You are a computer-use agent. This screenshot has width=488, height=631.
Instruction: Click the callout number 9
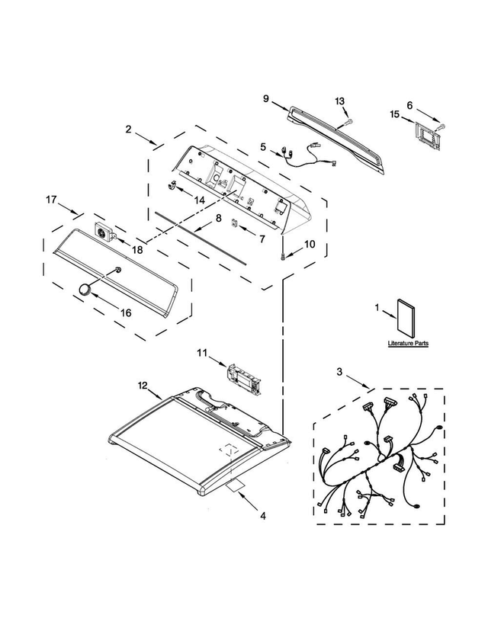(265, 98)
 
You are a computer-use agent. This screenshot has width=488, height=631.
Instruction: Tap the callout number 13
(340, 101)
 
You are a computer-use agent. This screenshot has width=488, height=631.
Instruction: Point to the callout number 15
(395, 114)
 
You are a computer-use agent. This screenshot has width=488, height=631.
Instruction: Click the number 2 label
(129, 130)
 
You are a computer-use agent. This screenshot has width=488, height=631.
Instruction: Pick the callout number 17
(51, 200)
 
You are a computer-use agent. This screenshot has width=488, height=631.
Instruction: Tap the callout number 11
(201, 352)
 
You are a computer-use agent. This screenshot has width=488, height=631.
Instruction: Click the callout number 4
(262, 515)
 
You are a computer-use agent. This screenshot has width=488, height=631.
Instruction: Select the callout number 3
(340, 372)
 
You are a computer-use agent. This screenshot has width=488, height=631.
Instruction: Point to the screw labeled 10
(284, 258)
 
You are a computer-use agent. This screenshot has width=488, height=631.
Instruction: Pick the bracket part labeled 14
(173, 186)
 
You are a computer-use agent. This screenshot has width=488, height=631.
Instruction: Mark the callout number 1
(377, 308)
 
